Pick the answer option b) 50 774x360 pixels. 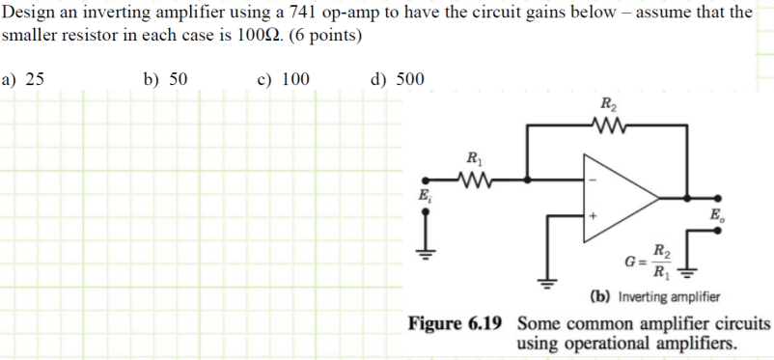click(165, 78)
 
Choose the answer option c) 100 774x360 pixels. click(283, 78)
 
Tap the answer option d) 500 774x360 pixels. click(398, 78)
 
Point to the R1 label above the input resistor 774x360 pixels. click(474, 158)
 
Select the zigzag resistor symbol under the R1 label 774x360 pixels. click(474, 178)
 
